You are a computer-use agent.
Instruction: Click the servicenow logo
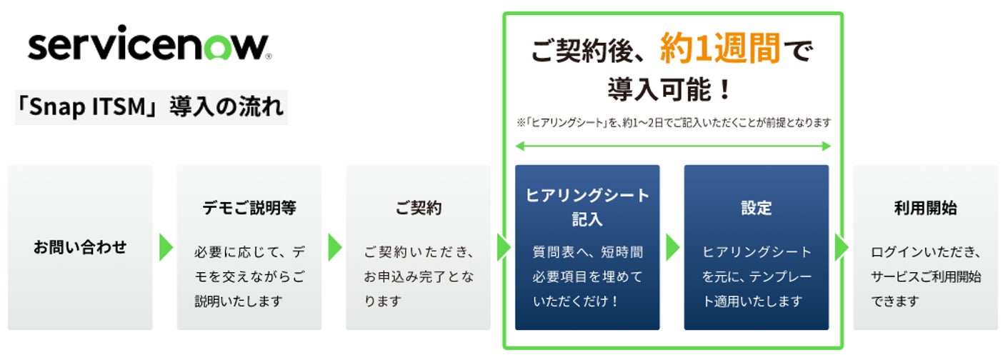pos(149,47)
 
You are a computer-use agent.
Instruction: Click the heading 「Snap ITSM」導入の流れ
pos(151,108)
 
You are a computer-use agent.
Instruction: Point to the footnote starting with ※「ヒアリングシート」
pos(674,123)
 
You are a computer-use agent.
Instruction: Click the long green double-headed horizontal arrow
pos(673,146)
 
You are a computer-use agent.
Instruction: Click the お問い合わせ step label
pos(80,247)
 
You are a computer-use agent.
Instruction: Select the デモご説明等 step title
pos(249,209)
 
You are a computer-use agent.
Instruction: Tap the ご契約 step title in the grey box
pos(418,209)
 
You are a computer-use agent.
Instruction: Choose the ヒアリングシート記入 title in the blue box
pos(587,207)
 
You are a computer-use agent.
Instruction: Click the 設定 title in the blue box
pos(756,209)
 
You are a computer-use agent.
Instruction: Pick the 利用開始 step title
pos(925,209)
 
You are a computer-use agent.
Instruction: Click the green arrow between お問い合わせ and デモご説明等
pos(166,247)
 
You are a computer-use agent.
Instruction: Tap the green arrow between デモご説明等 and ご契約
pos(334,247)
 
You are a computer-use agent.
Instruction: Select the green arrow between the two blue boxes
pos(672,247)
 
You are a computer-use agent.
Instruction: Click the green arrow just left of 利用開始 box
pos(842,247)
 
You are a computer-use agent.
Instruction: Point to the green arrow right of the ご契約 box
pos(504,247)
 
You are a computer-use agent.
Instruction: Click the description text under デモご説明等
pos(249,276)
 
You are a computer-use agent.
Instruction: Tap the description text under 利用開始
pos(925,276)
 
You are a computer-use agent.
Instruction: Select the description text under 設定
pos(756,276)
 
